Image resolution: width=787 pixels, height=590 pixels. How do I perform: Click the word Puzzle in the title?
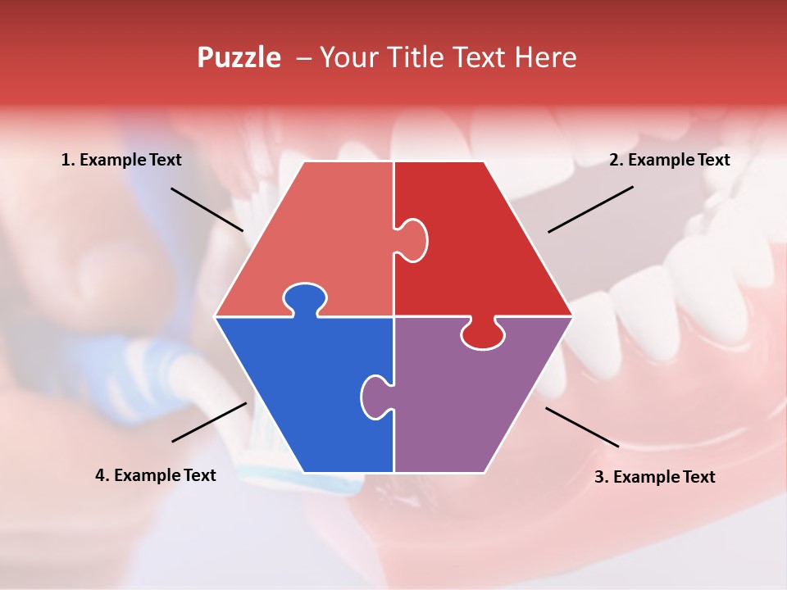(x=238, y=58)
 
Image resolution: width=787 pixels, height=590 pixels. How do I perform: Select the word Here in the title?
(x=545, y=57)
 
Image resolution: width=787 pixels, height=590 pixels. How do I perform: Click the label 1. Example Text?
(x=121, y=160)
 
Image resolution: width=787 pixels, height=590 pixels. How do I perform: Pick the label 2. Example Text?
(x=669, y=160)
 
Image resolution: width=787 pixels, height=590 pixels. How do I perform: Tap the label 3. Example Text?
(x=654, y=477)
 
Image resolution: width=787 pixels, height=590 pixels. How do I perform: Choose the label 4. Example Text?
(x=156, y=475)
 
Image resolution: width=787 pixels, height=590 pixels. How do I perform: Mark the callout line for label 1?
(x=207, y=209)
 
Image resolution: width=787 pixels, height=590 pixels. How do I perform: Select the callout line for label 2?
(x=590, y=209)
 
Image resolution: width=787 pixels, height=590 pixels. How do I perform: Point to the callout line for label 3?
(x=582, y=427)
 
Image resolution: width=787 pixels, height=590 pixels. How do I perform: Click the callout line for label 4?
(x=209, y=422)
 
